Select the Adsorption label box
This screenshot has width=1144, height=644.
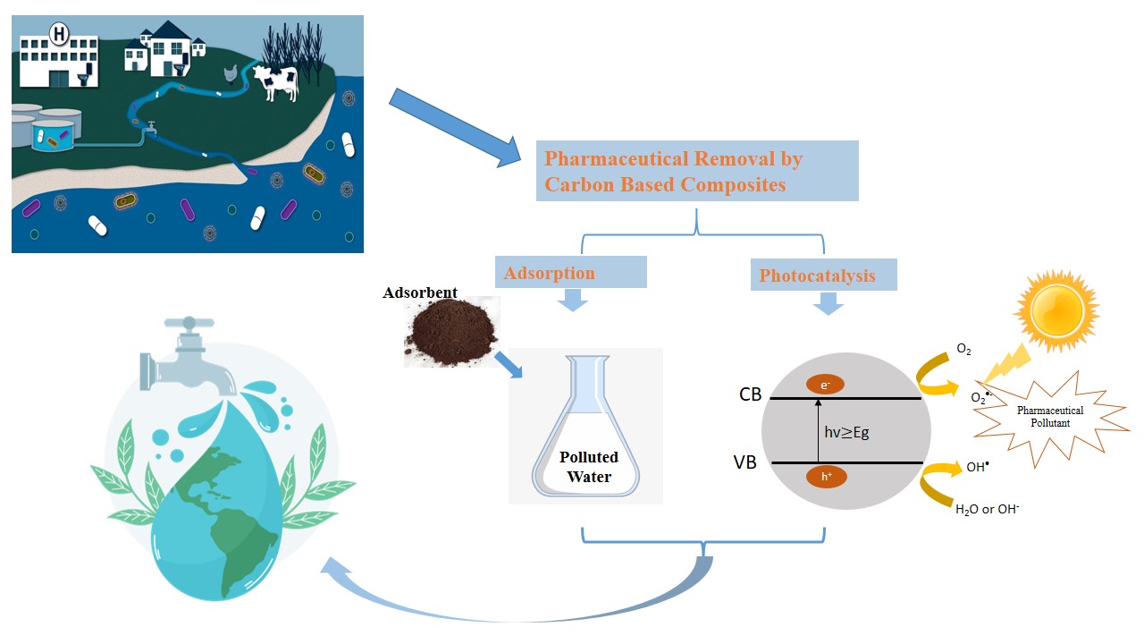click(x=570, y=272)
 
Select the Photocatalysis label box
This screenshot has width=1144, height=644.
click(x=823, y=275)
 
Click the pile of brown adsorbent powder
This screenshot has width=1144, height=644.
click(x=450, y=332)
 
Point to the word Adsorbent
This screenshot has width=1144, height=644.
click(x=420, y=292)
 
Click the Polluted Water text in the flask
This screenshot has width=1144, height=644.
click(x=588, y=467)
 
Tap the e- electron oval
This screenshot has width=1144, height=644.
click(x=825, y=385)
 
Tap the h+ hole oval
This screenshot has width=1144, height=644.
click(x=825, y=477)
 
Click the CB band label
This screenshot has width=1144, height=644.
click(x=750, y=394)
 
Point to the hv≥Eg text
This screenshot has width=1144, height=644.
click(x=846, y=432)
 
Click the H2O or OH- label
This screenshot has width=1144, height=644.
click(x=988, y=510)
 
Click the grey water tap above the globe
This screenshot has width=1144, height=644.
click(x=189, y=358)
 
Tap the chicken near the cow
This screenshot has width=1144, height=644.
click(x=231, y=75)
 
